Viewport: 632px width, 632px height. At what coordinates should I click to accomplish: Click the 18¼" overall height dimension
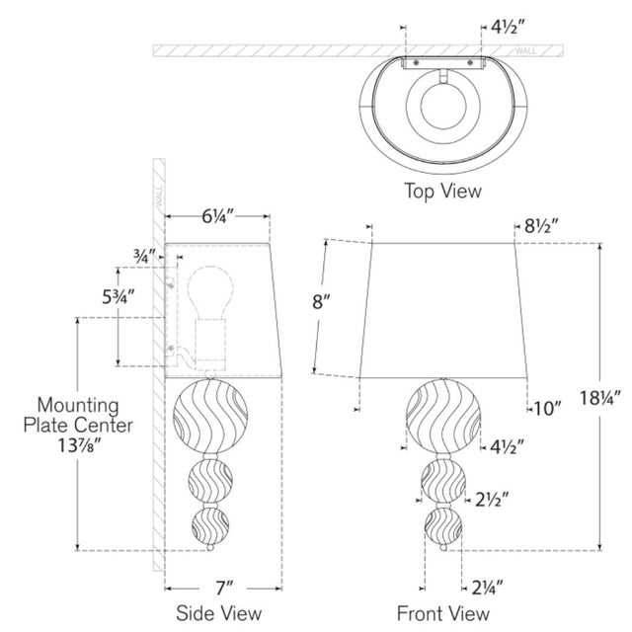(x=597, y=398)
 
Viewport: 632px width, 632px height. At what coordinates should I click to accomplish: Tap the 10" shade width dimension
(x=547, y=409)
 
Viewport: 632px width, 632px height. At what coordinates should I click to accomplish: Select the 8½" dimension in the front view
(x=541, y=226)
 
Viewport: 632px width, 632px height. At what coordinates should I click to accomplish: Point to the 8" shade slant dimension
(x=321, y=300)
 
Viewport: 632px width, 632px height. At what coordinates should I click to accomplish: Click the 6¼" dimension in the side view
(x=217, y=216)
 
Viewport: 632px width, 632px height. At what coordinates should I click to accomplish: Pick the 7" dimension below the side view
(x=224, y=589)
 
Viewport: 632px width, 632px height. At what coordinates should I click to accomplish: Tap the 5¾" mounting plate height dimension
(x=118, y=297)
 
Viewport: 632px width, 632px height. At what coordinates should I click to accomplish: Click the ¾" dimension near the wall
(x=144, y=256)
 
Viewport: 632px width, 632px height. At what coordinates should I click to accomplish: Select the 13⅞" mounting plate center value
(x=79, y=445)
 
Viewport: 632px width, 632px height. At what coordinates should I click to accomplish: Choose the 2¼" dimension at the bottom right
(x=488, y=589)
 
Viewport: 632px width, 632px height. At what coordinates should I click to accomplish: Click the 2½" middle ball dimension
(x=492, y=500)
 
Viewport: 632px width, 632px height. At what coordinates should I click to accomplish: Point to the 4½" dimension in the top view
(x=509, y=27)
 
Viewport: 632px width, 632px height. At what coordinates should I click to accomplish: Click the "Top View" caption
(x=442, y=191)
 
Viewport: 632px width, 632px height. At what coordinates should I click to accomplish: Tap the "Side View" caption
(x=219, y=613)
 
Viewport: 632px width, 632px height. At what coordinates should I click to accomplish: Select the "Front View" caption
(x=443, y=613)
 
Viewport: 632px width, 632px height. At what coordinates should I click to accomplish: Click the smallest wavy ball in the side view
(x=210, y=526)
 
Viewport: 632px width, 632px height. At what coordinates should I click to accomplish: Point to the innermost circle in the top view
(x=443, y=106)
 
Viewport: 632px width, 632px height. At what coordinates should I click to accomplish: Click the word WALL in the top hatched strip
(x=525, y=50)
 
